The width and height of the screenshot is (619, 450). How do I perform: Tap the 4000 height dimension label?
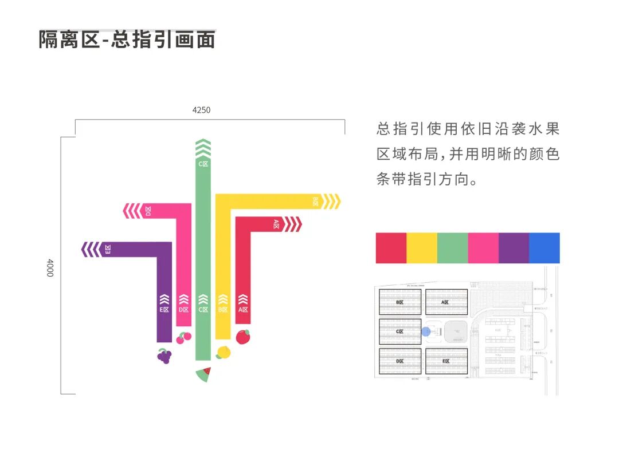click(x=50, y=267)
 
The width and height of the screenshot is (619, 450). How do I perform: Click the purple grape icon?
click(x=164, y=356)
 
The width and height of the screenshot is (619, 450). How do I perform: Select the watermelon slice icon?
click(x=203, y=374)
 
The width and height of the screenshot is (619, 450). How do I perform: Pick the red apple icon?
click(x=243, y=336)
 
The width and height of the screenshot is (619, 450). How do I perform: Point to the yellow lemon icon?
click(x=223, y=352)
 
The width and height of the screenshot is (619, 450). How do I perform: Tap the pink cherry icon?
click(x=183, y=337)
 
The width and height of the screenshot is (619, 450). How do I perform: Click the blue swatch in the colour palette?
click(x=544, y=248)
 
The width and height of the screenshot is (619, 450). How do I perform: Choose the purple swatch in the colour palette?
click(x=514, y=248)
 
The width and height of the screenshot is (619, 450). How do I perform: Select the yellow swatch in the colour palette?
click(x=422, y=248)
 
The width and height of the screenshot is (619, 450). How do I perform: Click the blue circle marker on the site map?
click(x=426, y=331)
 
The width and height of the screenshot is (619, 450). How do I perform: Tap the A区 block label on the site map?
click(x=445, y=302)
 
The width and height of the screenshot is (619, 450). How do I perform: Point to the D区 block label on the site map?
click(x=400, y=361)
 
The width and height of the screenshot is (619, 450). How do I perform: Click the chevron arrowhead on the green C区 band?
click(x=203, y=148)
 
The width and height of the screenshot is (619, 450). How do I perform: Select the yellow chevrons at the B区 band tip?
click(x=331, y=202)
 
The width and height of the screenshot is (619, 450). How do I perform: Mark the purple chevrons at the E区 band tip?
click(x=91, y=250)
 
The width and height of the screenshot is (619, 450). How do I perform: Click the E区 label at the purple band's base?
click(x=164, y=310)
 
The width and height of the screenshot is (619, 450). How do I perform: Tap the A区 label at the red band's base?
click(x=243, y=310)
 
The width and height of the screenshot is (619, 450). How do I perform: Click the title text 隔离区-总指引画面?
click(x=127, y=40)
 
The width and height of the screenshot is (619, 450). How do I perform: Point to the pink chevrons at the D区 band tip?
click(x=132, y=211)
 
